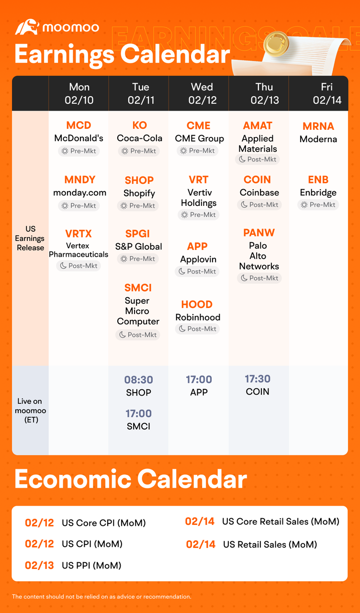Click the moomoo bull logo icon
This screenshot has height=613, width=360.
(x=26, y=27)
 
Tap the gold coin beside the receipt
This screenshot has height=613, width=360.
(x=276, y=44)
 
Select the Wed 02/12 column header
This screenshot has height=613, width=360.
(x=202, y=93)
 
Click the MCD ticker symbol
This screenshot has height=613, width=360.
(x=79, y=125)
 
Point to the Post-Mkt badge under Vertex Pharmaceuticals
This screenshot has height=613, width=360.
(x=79, y=266)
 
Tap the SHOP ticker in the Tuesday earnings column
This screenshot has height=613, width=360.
(x=139, y=181)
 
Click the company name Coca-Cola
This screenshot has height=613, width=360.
(x=139, y=138)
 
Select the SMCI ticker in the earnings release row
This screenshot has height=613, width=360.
(x=138, y=288)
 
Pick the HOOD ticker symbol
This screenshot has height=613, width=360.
(x=197, y=304)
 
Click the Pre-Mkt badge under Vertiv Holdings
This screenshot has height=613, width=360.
(x=199, y=215)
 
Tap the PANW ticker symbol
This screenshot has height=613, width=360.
(x=259, y=233)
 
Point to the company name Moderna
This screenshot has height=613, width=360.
(x=318, y=139)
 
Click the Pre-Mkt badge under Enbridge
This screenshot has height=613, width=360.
(x=318, y=204)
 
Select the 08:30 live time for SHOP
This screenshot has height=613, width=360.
(x=138, y=380)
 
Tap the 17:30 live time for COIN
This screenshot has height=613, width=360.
(x=258, y=379)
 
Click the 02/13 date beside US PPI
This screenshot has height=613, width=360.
(x=39, y=566)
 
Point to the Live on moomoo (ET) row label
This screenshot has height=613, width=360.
(x=30, y=410)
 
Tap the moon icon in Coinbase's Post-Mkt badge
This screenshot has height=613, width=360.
(x=244, y=204)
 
